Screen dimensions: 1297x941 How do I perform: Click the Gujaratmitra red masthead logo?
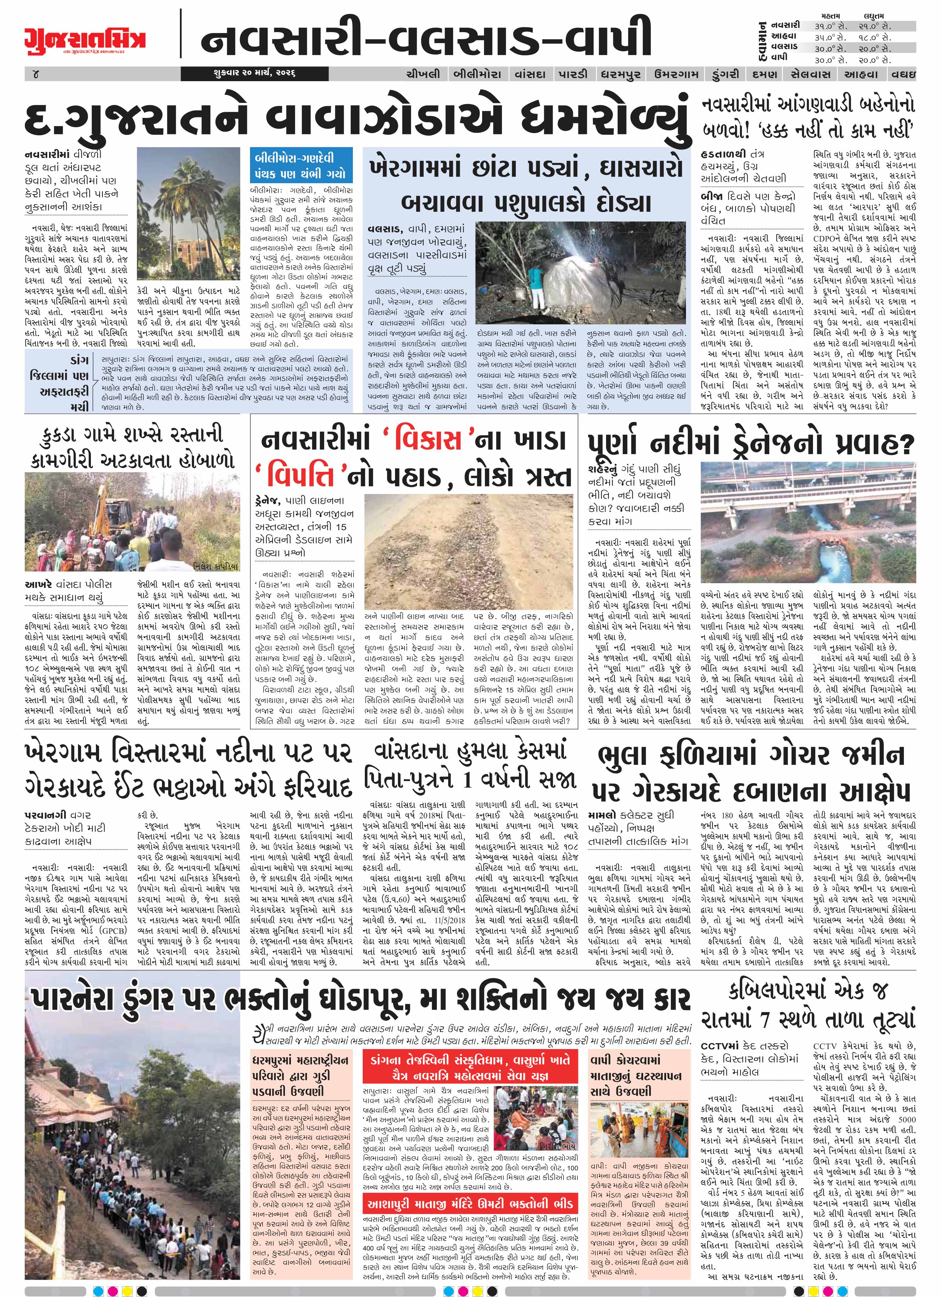[85, 39]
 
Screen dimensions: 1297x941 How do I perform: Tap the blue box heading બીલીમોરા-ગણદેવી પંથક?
[301, 165]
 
